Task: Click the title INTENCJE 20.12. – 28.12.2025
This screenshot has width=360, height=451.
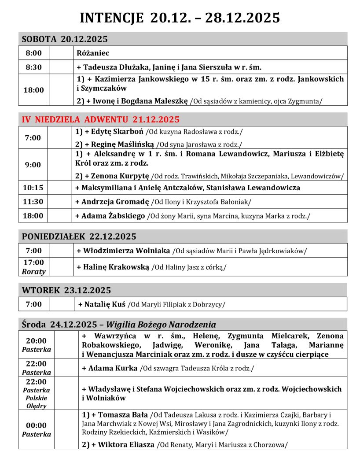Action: [x=180, y=18]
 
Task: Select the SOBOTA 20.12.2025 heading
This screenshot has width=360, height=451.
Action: [x=65, y=39]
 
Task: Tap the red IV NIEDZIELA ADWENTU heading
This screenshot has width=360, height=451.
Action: [x=101, y=119]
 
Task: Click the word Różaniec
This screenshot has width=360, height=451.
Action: [x=93, y=53]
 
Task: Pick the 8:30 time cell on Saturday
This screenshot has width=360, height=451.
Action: [x=33, y=67]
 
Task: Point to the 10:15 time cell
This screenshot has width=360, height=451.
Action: [x=33, y=188]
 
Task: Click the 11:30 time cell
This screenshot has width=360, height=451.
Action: [x=33, y=202]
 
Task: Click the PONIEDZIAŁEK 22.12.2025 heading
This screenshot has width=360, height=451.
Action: [x=79, y=237]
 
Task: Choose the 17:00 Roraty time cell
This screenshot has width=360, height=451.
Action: [x=33, y=267]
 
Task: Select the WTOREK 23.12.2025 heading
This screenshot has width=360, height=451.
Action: [x=66, y=290]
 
